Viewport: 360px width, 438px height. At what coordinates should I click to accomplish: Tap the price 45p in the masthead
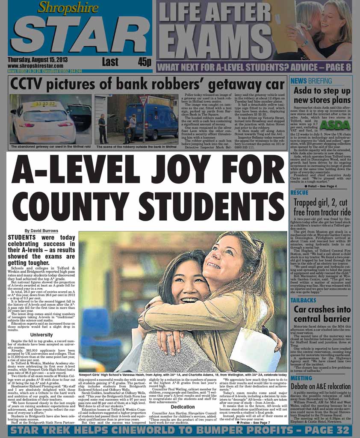point(145,62)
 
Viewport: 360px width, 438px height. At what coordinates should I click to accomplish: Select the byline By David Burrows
point(41,231)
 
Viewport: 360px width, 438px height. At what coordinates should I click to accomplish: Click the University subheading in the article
point(41,334)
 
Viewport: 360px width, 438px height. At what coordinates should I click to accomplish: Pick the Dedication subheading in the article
point(183,407)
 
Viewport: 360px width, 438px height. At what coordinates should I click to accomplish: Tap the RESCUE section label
point(299,192)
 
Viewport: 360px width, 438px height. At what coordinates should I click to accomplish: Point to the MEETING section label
point(301,378)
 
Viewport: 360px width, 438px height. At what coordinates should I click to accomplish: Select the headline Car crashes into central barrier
point(322,314)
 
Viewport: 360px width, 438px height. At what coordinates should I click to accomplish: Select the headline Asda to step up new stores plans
point(322,95)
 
